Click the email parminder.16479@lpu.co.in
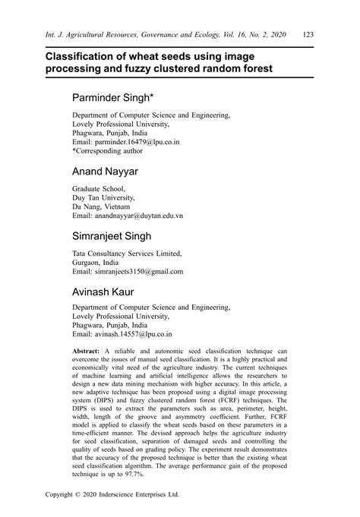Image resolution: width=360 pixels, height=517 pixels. (137, 141)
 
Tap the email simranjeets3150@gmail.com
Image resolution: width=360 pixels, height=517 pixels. (138, 271)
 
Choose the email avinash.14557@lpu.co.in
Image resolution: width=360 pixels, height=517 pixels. (133, 334)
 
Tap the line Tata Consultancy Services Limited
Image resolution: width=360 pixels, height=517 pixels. (127, 253)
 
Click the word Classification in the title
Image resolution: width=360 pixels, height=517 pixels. (86, 56)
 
